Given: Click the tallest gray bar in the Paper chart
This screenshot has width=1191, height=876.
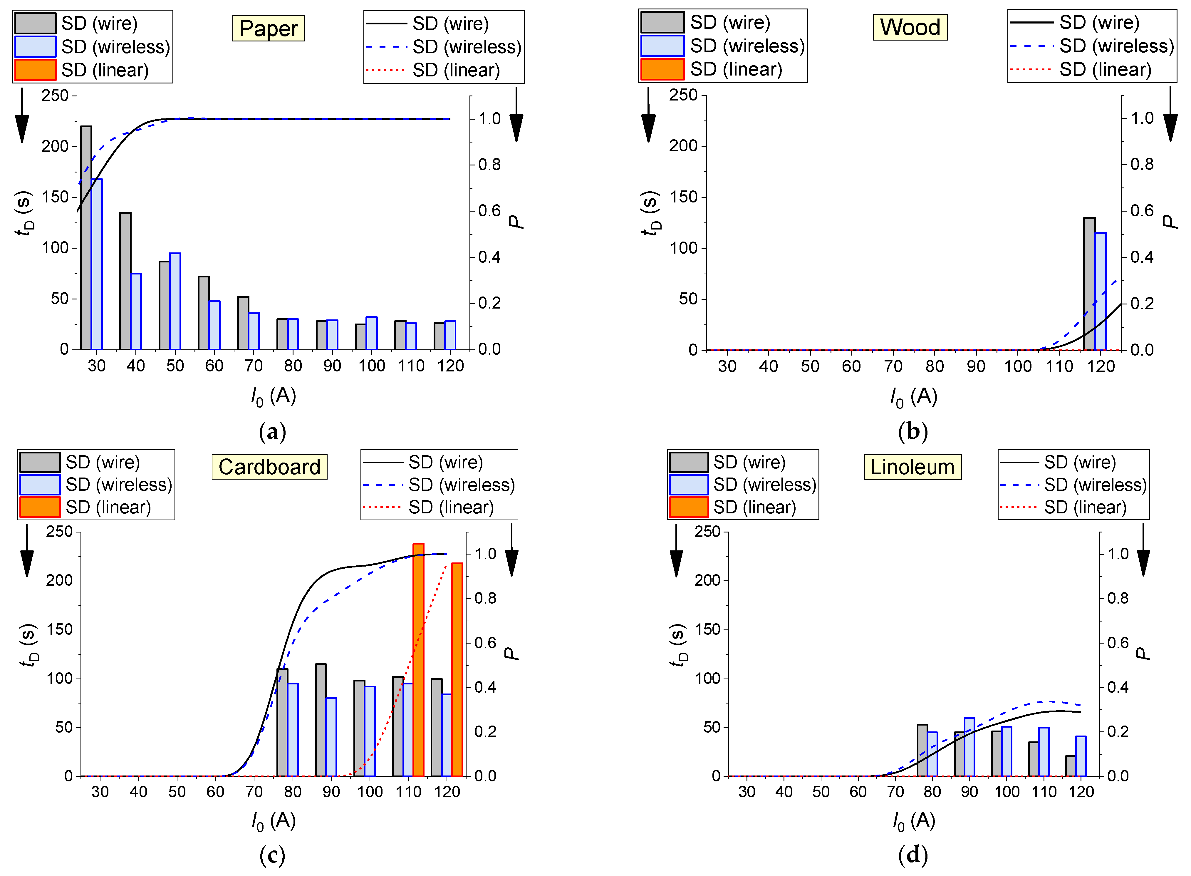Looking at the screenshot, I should [86, 239].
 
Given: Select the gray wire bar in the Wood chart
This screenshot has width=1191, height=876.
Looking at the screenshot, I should [1089, 284].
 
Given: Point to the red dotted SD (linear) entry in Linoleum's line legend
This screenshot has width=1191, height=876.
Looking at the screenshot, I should [1073, 507].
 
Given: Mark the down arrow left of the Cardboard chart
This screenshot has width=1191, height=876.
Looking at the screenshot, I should [26, 552].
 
